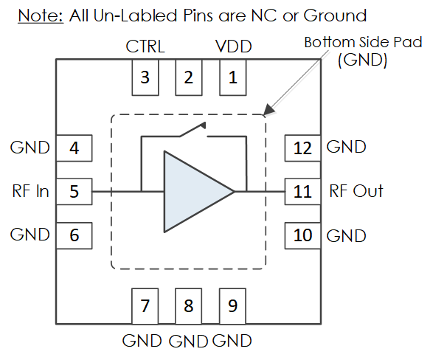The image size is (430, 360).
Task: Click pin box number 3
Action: point(145,77)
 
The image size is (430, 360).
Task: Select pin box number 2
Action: point(189,77)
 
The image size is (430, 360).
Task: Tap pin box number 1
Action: point(233,77)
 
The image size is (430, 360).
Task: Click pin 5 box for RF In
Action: point(74,192)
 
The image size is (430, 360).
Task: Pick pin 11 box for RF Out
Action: point(302,192)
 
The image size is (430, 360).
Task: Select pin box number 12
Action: point(302,148)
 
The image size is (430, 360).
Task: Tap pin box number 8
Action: point(189,306)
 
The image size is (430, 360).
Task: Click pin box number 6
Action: point(74,235)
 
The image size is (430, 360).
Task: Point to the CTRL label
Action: point(145,46)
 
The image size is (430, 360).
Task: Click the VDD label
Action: point(234,46)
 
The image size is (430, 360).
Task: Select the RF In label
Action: point(31,191)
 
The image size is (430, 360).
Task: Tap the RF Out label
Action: point(356,191)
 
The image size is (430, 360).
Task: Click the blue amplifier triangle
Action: point(192,192)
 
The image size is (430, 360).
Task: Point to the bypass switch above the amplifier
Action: point(193,129)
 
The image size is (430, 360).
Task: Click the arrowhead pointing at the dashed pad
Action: point(268,109)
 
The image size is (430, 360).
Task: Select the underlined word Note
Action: point(41,15)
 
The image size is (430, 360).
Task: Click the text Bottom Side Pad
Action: point(363,43)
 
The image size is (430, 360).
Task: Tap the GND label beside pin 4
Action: point(30,148)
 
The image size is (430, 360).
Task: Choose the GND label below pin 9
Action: point(232,341)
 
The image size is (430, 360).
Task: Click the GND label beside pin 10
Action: point(347,236)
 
